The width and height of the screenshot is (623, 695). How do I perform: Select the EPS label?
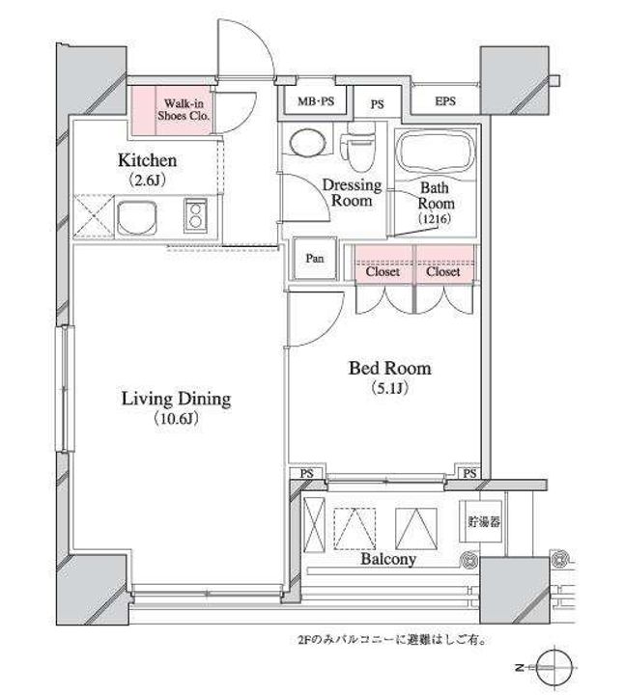click(x=445, y=101)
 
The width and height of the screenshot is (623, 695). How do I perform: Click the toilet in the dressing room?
click(x=360, y=145)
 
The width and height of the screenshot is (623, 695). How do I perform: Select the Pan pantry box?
click(x=315, y=260)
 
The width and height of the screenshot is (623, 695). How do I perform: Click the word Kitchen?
click(x=147, y=159)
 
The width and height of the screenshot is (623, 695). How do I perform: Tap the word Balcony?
click(x=388, y=559)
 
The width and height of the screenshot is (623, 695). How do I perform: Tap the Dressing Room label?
click(x=352, y=193)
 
